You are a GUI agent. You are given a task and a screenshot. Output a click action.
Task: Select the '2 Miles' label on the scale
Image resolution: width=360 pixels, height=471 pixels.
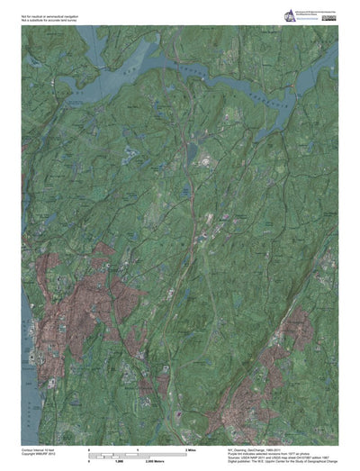191,448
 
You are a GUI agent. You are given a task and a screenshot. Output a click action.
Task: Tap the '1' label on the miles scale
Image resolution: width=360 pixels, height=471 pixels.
138,448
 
